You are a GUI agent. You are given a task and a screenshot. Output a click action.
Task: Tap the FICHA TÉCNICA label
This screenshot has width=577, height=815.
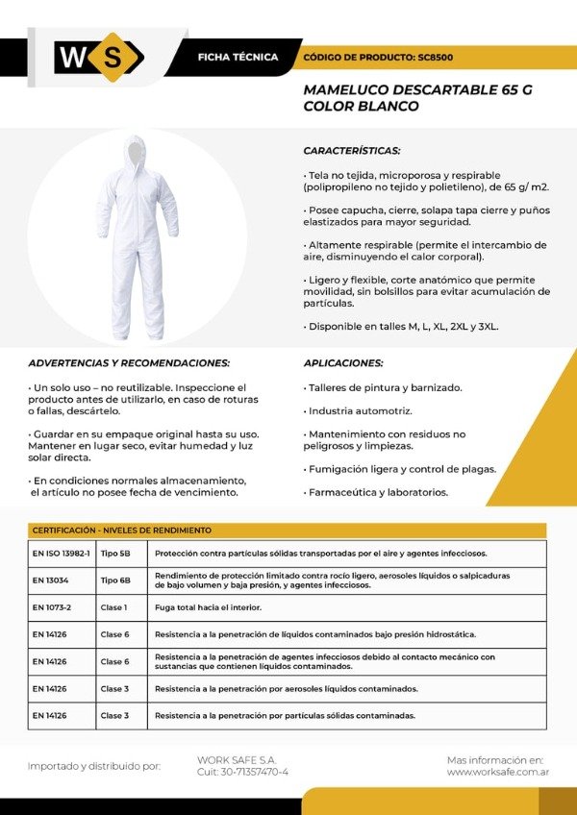[x=237, y=58]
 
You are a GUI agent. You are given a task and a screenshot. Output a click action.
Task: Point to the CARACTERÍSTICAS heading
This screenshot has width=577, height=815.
[x=352, y=151]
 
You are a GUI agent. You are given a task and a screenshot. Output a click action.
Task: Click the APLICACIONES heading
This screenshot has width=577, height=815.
[x=343, y=363]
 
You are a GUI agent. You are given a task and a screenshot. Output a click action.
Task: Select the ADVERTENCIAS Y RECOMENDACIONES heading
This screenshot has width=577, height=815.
[x=129, y=363]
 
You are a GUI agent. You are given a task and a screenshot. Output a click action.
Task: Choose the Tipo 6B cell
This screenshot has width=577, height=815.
[x=115, y=580]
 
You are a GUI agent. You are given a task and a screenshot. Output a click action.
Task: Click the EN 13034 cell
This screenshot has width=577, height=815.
[x=52, y=580]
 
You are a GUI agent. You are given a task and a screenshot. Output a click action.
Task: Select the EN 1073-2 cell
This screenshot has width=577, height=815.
[x=52, y=607]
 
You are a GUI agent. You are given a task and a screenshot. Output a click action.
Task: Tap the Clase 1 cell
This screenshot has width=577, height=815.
[x=113, y=607]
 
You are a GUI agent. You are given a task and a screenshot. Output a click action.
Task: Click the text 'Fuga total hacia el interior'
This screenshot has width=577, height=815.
[x=208, y=607]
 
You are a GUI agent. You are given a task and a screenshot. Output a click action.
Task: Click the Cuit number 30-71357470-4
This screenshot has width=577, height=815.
[x=242, y=772]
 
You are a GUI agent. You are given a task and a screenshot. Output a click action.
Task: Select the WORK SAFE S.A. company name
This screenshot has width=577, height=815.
[x=236, y=759]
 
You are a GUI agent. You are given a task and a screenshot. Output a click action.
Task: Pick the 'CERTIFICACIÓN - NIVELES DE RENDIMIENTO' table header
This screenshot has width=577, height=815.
[x=122, y=530]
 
